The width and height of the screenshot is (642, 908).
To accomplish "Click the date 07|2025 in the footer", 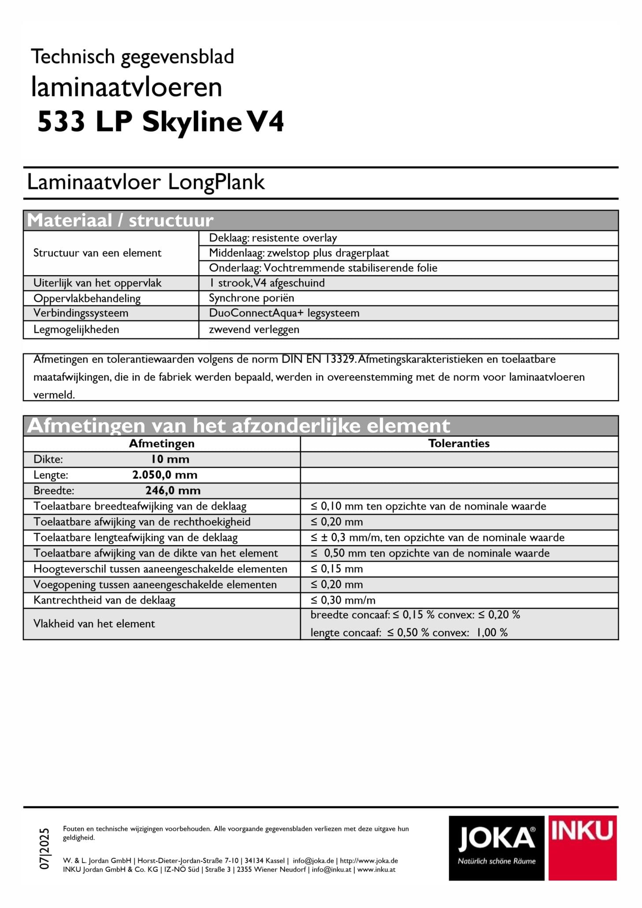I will (x=45, y=848).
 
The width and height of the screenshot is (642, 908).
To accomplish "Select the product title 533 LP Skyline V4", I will (x=161, y=121).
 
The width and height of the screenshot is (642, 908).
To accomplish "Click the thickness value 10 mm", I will (x=170, y=459).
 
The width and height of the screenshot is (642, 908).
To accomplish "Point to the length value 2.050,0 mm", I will (x=165, y=475).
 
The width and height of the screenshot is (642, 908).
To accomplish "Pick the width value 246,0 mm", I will (x=173, y=491).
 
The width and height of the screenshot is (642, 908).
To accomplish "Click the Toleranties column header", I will (x=459, y=443).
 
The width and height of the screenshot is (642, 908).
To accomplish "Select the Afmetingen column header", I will (x=161, y=443).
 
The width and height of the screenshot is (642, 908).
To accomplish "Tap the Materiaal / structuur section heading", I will (x=120, y=220).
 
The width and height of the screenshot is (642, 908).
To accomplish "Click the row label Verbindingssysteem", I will (x=81, y=313).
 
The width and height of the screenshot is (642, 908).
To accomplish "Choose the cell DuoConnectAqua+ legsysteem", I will (x=284, y=313).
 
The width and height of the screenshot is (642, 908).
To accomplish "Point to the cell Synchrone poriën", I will (x=251, y=298).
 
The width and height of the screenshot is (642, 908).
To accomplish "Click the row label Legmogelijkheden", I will (x=76, y=329).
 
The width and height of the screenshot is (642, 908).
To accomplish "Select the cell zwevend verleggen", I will (x=254, y=329).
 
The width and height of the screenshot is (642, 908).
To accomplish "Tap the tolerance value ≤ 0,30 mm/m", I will (x=343, y=600).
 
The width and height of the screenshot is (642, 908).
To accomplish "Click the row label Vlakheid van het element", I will (x=94, y=624).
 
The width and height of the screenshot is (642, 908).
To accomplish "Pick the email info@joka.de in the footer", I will (x=313, y=860).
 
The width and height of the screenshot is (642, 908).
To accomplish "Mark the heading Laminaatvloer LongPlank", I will (x=146, y=182).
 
